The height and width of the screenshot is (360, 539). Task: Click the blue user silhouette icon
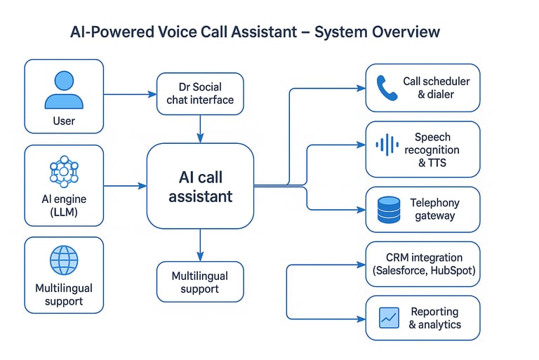(x=64, y=90)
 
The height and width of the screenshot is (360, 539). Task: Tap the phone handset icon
(x=387, y=88)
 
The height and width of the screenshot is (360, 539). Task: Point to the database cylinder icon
(x=388, y=210)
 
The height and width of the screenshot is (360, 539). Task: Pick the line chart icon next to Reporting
(x=388, y=317)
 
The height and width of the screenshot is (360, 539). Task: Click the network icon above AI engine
(x=64, y=170)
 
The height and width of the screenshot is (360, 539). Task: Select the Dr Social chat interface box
(x=200, y=94)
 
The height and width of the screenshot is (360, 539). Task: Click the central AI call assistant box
(x=200, y=186)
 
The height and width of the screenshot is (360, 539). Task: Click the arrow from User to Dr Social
(x=130, y=94)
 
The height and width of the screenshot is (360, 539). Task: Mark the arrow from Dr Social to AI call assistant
(x=200, y=128)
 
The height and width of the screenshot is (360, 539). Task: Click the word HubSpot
(x=449, y=271)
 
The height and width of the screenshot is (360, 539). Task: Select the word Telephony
(x=435, y=203)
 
